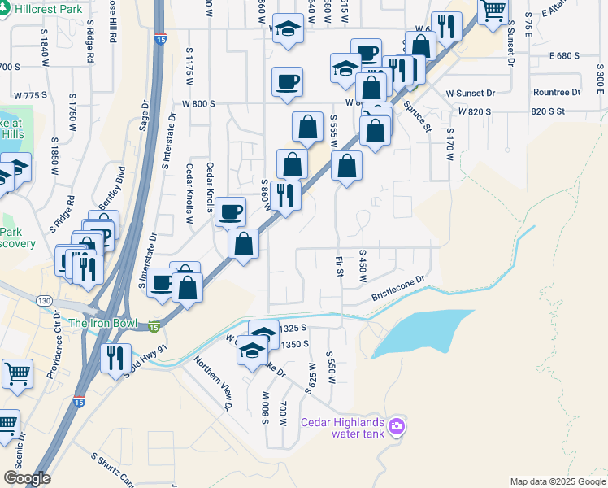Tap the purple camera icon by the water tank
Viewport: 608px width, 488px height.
(x=397, y=425)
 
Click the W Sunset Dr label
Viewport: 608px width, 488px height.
(x=471, y=94)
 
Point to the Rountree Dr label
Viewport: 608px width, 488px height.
(x=557, y=93)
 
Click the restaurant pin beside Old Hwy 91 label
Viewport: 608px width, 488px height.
(x=115, y=357)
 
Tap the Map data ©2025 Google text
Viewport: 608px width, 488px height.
(x=557, y=481)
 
